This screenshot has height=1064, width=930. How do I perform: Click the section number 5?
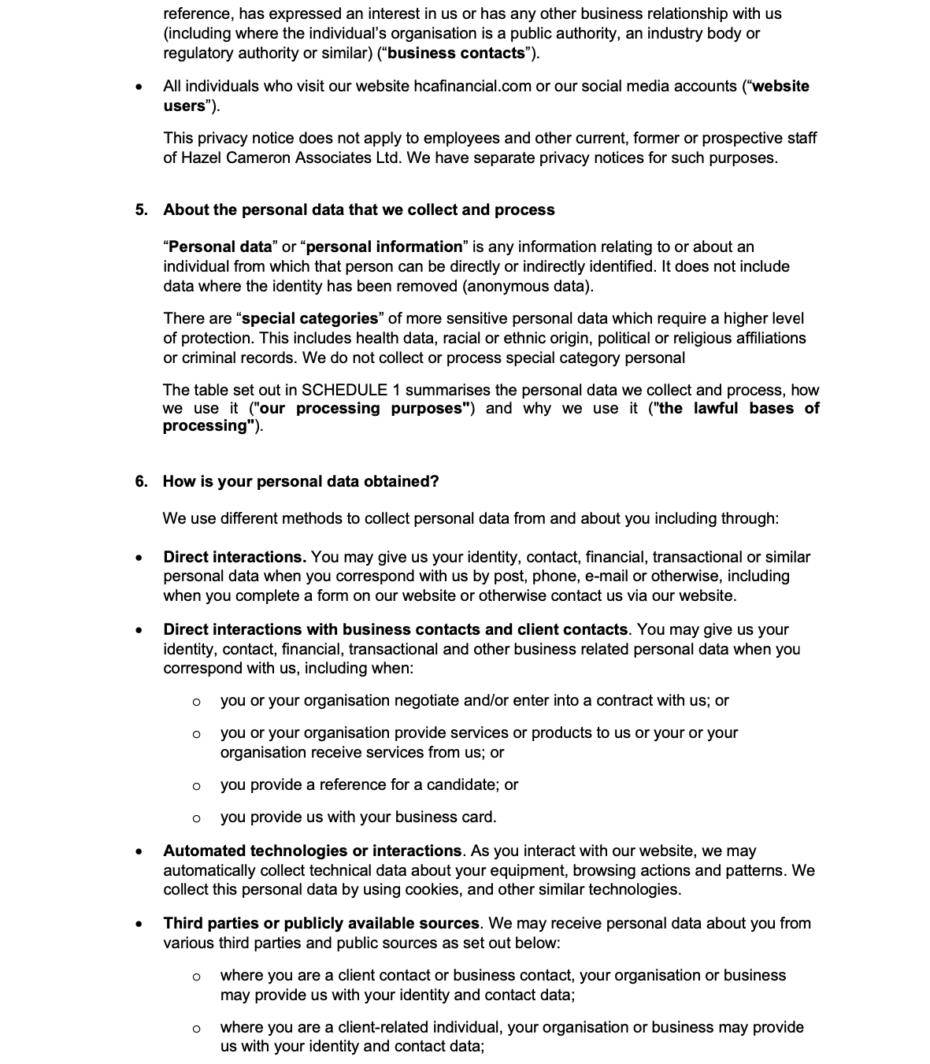point(141,210)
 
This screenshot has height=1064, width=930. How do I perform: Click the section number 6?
point(141,482)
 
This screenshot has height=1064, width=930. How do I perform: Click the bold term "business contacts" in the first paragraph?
point(456,54)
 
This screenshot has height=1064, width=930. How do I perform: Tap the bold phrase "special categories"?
point(309,319)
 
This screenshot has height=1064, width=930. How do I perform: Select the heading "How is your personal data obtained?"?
point(301,482)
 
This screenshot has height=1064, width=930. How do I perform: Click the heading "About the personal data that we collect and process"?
point(359,210)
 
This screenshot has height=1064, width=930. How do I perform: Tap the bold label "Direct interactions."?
point(235,558)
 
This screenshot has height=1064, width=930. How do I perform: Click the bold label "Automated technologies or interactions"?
point(313,851)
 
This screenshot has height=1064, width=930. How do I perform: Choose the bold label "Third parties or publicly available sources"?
point(321,924)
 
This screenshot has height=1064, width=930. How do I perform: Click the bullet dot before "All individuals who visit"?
point(139,87)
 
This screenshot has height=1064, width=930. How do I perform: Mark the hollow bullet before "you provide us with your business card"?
point(196,818)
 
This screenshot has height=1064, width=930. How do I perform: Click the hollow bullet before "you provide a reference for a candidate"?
point(196,786)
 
